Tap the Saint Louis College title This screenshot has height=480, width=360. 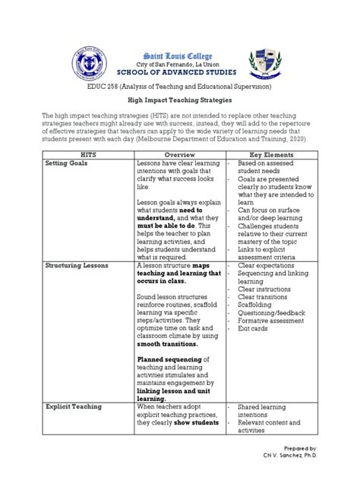pos(179,55)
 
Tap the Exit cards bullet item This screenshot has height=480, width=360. pos(253,328)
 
